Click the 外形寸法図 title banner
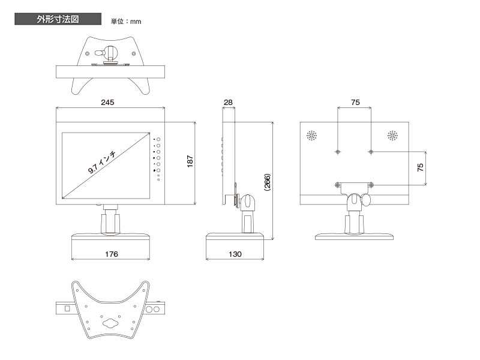(x=58, y=19)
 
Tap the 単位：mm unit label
(x=126, y=22)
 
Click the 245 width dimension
(x=107, y=102)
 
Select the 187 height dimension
(x=190, y=161)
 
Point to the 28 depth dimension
(x=228, y=102)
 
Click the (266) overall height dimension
(x=267, y=182)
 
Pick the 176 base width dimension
(x=111, y=254)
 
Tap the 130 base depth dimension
(x=235, y=254)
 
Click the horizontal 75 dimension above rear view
(x=355, y=102)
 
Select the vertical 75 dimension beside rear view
(x=421, y=167)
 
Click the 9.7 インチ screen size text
(x=102, y=162)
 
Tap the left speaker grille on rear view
(x=311, y=136)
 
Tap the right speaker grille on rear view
(x=392, y=136)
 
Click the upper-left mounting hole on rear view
(x=338, y=152)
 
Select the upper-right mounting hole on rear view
(x=371, y=152)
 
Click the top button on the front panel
(x=158, y=139)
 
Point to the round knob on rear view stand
(x=365, y=200)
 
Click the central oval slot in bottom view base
(x=110, y=323)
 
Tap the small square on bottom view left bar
(x=67, y=308)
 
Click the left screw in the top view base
(x=88, y=53)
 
